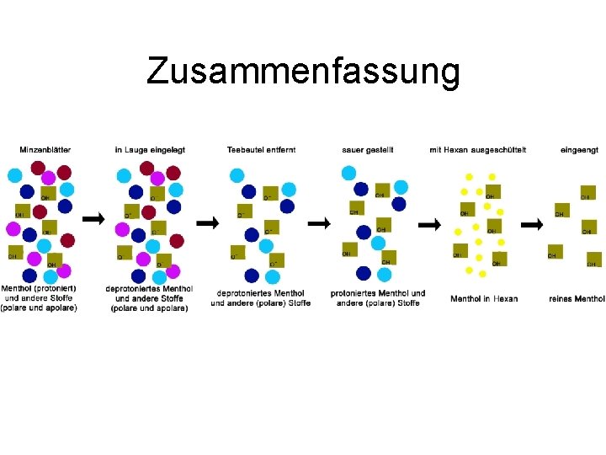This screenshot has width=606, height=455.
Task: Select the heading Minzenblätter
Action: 45,150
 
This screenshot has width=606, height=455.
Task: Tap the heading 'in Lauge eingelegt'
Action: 150,150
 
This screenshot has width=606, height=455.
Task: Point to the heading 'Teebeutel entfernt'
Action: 261,150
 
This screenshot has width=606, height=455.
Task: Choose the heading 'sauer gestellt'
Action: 368,150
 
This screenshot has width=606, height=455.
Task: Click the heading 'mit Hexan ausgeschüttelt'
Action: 477,150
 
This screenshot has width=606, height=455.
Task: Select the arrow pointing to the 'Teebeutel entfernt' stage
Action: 206,222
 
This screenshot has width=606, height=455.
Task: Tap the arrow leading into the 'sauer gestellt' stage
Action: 319,223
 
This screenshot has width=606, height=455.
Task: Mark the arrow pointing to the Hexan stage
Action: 430,225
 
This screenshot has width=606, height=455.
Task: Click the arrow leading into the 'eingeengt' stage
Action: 532,225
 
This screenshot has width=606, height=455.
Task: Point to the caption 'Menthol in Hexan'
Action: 484,298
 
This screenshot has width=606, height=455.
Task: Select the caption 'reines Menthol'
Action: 577,298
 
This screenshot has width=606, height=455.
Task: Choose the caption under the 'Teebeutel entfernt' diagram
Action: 261,298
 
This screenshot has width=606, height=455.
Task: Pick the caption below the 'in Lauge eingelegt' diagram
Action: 149,298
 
